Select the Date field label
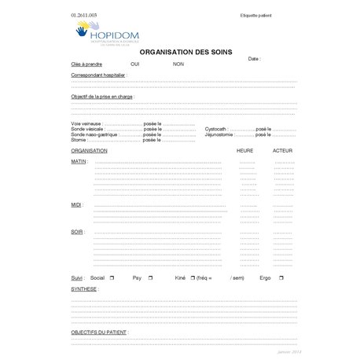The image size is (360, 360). pos(254,59)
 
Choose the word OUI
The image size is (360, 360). pos(135,64)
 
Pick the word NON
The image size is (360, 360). pos(178,64)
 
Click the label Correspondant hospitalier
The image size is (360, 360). pos(97,75)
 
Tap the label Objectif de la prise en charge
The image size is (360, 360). pos(102,97)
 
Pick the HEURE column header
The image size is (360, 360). pos(246,149)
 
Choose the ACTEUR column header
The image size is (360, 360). pos(282,149)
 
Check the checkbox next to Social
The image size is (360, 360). pos(112,277)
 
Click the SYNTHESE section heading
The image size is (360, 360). pos(84,288)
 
